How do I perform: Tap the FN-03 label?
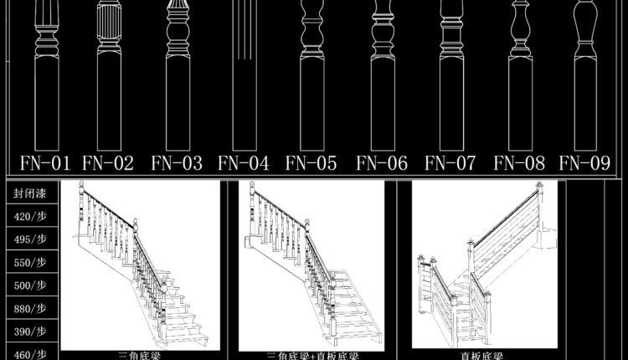pos(175,162)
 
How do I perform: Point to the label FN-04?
pos(243,162)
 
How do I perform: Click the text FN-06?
pos(382,162)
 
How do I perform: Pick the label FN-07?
pos(450,162)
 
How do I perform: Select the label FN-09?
pos(585,162)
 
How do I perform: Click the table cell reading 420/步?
pos(29,217)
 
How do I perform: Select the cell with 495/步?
pos(29,239)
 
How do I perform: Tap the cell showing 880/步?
pos(29,308)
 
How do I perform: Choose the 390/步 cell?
pos(29,331)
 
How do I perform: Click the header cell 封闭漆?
pos(29,194)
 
